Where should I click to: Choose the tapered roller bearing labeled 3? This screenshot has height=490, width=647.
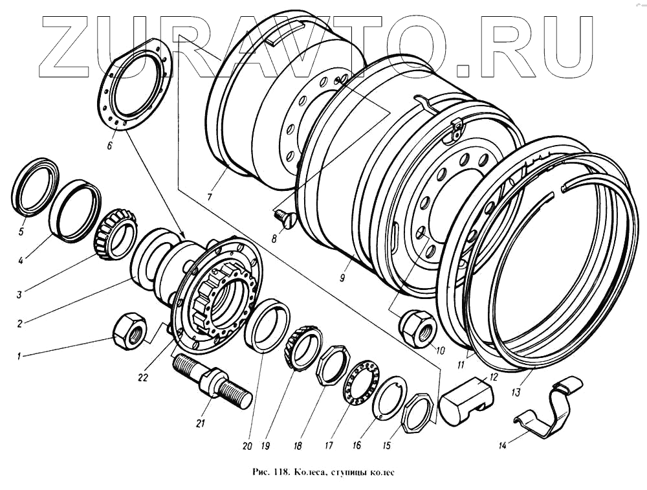(117, 232)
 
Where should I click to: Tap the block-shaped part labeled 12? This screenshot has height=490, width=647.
(466, 396)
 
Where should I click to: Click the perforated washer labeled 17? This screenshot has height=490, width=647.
(355, 385)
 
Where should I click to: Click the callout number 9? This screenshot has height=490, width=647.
(341, 278)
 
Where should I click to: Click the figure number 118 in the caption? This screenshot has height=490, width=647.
(280, 471)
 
